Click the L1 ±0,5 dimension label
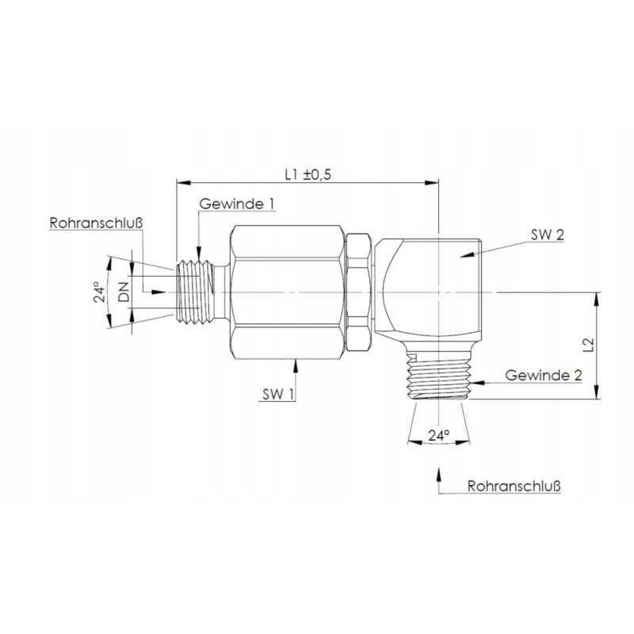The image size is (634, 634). point(307,174)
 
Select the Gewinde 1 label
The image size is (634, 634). point(237,204)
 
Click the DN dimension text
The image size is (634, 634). point(124,293)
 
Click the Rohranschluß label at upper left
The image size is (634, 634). point(96,224)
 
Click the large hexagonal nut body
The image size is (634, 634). point(287,292)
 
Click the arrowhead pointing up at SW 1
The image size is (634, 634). point(296,363)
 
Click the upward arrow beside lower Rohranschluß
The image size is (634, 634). point(438,474)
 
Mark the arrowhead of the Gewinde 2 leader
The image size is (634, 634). point(477,383)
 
